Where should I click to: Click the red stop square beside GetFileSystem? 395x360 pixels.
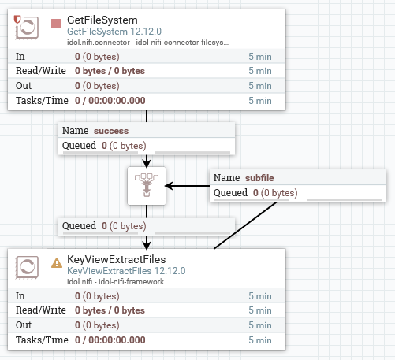pos(55,23)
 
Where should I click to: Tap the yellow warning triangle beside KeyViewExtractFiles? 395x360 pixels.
pos(56,262)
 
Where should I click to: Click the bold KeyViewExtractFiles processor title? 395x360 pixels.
pos(117,260)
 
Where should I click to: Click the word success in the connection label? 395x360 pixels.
pos(111,130)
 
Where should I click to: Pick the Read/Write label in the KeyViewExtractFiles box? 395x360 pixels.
pos(40,310)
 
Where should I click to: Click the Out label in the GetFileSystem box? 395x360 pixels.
pos(24,85)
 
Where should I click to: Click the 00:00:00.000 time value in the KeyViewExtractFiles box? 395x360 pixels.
pos(116,340)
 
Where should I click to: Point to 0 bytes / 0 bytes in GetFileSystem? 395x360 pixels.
pos(110,71)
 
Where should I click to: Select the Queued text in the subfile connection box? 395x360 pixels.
pos(231,192)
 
